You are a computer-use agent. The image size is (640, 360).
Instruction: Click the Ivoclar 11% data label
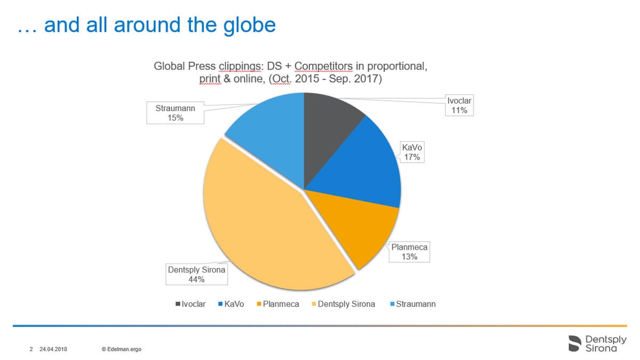(459, 105)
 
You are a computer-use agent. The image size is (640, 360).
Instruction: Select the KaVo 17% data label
(412, 152)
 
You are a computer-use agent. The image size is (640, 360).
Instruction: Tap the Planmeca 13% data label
(409, 252)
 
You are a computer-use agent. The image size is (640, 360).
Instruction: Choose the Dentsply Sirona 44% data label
(197, 274)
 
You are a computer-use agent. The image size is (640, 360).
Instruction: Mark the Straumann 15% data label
(175, 113)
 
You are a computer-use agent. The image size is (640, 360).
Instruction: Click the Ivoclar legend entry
(190, 304)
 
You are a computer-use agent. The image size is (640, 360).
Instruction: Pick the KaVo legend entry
(231, 304)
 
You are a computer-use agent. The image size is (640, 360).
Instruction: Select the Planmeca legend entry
(278, 304)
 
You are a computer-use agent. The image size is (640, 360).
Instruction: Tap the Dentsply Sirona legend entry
(343, 304)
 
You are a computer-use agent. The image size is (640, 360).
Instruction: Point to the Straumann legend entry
(413, 304)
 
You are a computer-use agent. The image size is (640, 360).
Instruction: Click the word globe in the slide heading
(250, 26)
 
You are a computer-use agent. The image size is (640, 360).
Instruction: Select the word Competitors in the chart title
(323, 66)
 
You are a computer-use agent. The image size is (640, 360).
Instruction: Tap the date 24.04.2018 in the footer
(53, 349)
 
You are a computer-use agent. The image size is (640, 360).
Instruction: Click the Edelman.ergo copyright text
(122, 349)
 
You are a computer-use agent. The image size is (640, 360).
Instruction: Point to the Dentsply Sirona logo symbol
(575, 343)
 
